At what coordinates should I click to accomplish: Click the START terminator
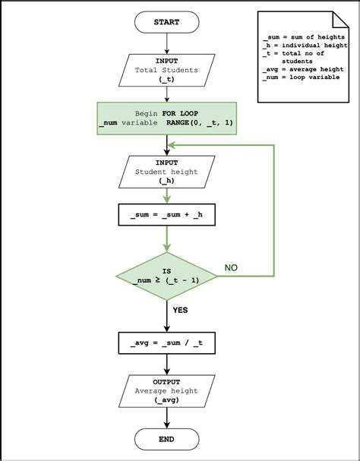pos(166,23)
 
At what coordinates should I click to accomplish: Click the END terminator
pos(166,439)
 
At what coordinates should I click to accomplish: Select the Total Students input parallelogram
pos(166,70)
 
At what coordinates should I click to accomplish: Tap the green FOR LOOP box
pos(166,119)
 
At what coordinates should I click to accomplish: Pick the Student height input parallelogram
pos(166,172)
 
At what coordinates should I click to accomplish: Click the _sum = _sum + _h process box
pos(166,215)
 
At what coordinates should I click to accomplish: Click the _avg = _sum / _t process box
pos(166,343)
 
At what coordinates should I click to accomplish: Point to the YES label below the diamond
pos(180,310)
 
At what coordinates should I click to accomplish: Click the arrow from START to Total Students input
pos(166,43)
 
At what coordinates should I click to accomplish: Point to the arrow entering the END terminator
pos(166,418)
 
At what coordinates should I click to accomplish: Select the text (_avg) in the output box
pos(166,399)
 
